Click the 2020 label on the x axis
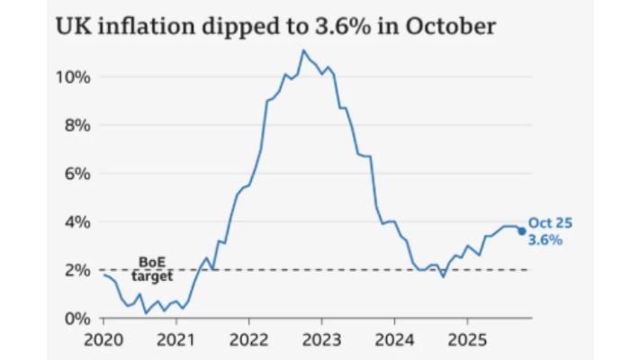point(102,343)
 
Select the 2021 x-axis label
point(175,343)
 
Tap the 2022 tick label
point(247,343)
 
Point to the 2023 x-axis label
point(320,343)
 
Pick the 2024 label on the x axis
point(393,343)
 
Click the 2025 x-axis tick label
point(466,343)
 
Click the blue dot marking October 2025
point(521,231)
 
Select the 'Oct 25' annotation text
point(550,223)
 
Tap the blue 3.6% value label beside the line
point(545,240)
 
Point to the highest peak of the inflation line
point(303,50)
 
